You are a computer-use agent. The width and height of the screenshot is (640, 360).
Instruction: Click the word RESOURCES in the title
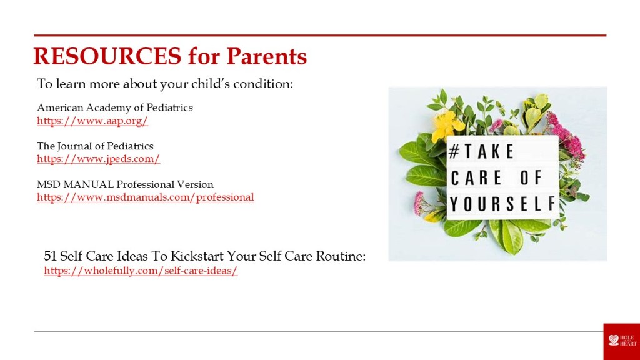coord(107,56)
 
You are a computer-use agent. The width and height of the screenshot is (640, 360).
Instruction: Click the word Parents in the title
coord(266,56)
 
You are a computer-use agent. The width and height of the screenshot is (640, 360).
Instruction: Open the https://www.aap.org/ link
coord(92,121)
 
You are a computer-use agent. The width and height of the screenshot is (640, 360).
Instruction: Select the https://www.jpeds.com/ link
coord(98,159)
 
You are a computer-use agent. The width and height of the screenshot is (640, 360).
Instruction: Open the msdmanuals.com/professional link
coord(145,197)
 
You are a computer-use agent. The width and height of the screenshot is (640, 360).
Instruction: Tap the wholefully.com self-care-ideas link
coord(141,271)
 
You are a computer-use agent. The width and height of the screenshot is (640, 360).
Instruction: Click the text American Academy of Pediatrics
coord(115,107)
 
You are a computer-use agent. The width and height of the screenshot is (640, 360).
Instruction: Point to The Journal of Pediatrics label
coord(95,146)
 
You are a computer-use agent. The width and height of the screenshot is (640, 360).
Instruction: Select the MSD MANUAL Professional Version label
coord(125,184)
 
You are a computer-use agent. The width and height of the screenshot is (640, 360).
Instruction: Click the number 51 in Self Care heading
coord(50,256)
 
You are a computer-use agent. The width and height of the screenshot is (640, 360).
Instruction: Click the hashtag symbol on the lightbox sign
coord(454,151)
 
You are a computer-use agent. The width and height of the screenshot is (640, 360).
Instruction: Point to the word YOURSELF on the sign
coord(503,204)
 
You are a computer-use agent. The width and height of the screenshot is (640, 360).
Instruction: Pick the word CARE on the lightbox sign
coord(476,177)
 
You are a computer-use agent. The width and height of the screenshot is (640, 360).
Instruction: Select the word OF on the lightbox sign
coord(531,177)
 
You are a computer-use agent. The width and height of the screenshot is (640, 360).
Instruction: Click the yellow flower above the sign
coord(446,125)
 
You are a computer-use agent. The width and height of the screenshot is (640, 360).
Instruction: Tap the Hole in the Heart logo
coord(622,341)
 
